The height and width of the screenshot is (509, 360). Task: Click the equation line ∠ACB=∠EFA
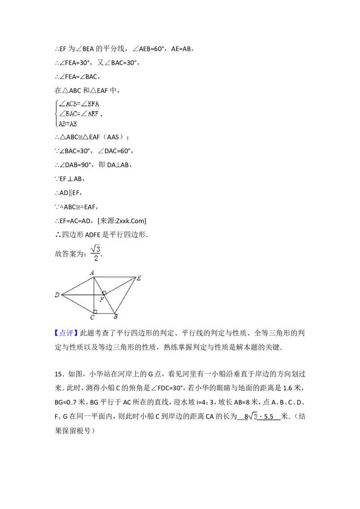(x=79, y=103)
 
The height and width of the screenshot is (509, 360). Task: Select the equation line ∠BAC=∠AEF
(x=79, y=114)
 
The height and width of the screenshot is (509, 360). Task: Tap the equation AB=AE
(x=68, y=124)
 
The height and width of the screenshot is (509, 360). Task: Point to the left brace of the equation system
(x=56, y=114)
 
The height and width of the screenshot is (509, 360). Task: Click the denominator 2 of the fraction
(x=95, y=258)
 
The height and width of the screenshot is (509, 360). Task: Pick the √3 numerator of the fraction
(x=95, y=247)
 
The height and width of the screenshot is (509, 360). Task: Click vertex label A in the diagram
(x=92, y=272)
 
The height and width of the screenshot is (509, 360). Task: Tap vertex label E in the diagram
(x=139, y=278)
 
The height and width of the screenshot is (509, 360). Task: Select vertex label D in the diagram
(x=57, y=295)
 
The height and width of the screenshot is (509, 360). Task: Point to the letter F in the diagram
(x=102, y=299)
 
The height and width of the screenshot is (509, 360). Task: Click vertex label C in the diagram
(x=92, y=317)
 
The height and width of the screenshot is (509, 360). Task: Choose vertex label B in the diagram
(x=116, y=317)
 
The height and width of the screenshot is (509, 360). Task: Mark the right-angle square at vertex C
(x=95, y=311)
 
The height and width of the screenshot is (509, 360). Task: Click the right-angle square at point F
(x=104, y=293)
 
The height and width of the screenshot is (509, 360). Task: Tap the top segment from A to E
(x=115, y=277)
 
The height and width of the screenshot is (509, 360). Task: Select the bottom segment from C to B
(x=104, y=313)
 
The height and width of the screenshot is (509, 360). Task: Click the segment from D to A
(x=77, y=286)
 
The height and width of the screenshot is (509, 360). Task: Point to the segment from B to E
(x=126, y=295)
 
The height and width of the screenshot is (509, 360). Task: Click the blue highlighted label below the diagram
(x=67, y=333)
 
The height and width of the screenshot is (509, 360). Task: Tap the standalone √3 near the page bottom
(x=252, y=416)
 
